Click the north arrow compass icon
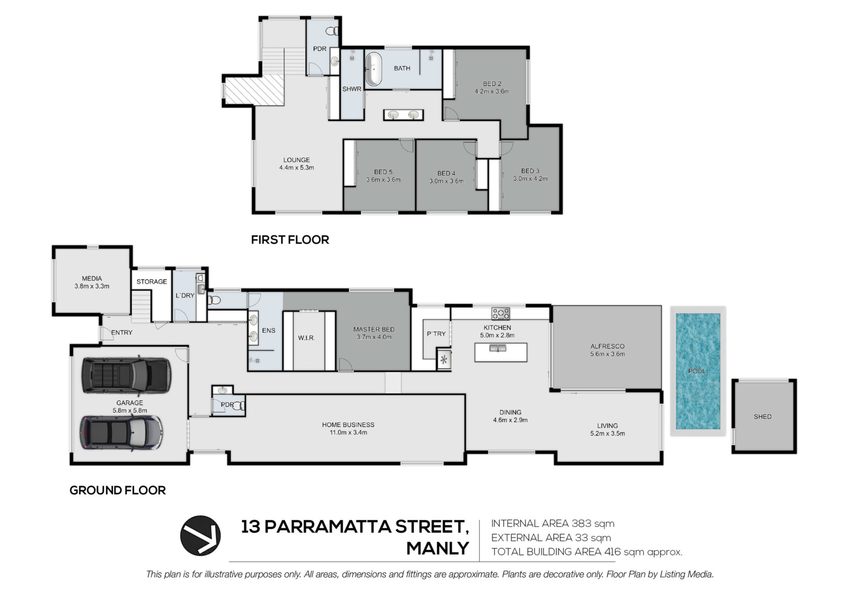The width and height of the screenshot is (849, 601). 200,536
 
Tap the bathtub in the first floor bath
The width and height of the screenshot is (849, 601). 374,69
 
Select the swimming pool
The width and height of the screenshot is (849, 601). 698,371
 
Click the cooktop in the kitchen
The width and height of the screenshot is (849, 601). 500,313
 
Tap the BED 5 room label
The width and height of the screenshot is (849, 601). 383,172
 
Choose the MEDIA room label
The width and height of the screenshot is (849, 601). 92,278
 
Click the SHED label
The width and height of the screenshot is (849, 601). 762,416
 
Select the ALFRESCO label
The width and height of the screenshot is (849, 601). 607,346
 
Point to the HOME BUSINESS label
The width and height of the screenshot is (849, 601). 348,425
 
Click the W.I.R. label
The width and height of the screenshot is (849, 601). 306,338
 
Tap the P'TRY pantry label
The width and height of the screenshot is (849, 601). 436,334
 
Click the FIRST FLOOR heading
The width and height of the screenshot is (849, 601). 290,240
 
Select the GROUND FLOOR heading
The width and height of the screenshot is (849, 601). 118,490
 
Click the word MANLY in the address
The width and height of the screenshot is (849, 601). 437,549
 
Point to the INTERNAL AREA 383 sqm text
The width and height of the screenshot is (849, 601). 553,524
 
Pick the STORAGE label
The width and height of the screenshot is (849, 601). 152,281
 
